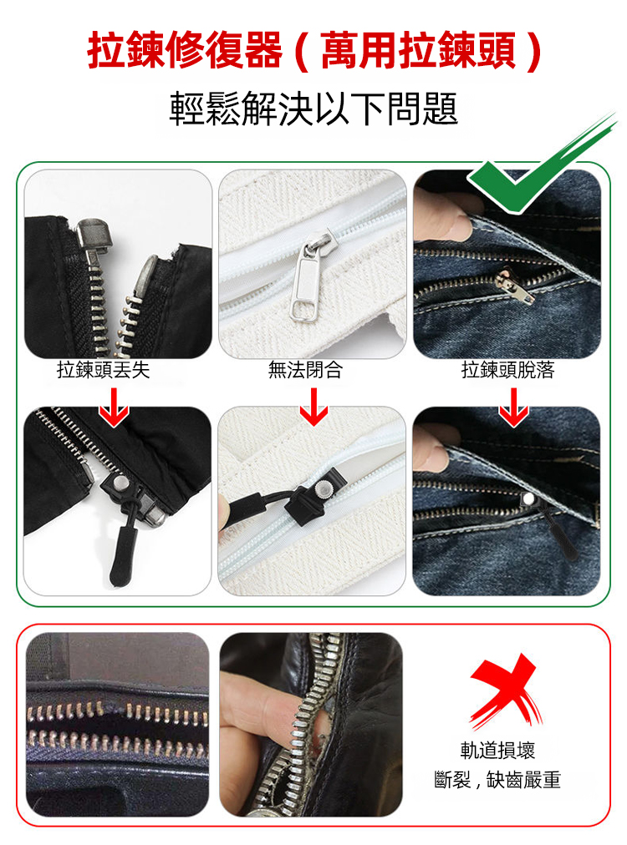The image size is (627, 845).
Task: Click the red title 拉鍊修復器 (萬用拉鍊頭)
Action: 313,51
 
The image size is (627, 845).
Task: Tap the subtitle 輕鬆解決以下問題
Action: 313,109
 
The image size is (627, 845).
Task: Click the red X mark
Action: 505,690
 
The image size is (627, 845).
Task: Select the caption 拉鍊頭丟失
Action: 103,370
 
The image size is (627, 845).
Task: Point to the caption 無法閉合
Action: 305,370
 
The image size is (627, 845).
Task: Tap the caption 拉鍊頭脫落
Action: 507,370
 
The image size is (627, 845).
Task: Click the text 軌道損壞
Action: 497,750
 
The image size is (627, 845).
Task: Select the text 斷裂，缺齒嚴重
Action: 497,779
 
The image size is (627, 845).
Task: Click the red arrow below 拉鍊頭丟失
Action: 114,407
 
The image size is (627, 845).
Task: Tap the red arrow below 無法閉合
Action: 313,407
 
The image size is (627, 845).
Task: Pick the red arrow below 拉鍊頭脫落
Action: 513,407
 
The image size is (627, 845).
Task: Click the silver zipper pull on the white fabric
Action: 306,278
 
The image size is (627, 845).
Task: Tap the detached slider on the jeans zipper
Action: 513,284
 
